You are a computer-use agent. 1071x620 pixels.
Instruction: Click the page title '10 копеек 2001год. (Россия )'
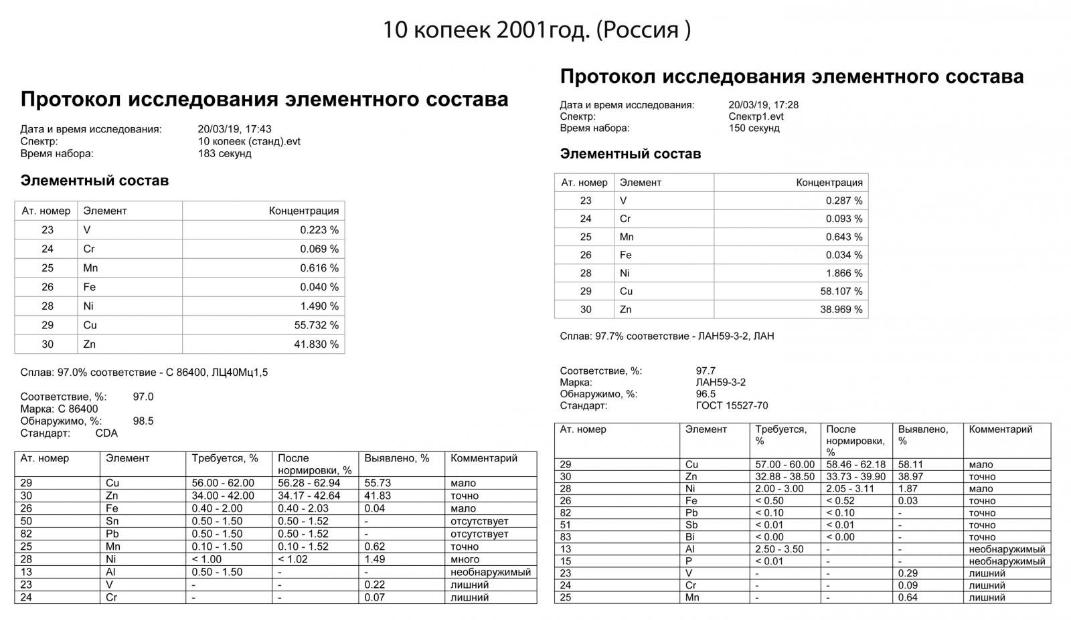[x=536, y=30]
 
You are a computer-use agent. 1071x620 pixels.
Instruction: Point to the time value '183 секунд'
[x=225, y=154]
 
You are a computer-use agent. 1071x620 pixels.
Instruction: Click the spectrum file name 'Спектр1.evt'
[x=756, y=116]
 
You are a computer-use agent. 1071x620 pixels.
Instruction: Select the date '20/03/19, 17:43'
[x=234, y=129]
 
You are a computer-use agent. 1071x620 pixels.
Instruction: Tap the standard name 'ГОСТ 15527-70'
[x=732, y=405]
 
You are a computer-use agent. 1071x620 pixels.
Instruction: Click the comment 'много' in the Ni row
[x=465, y=559]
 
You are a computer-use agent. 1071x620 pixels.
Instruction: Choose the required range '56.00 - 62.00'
[x=223, y=483]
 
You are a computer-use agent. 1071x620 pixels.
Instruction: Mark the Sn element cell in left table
[x=112, y=521]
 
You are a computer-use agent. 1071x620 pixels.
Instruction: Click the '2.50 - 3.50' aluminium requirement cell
[x=779, y=549]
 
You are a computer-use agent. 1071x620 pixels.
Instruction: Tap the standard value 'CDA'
[x=106, y=433]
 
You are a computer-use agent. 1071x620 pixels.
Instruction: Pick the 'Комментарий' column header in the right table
[x=1001, y=429]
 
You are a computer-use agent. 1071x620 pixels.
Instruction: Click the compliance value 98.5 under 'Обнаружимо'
[x=143, y=421]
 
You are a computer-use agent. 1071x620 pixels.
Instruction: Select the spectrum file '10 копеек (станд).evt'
[x=249, y=142]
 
